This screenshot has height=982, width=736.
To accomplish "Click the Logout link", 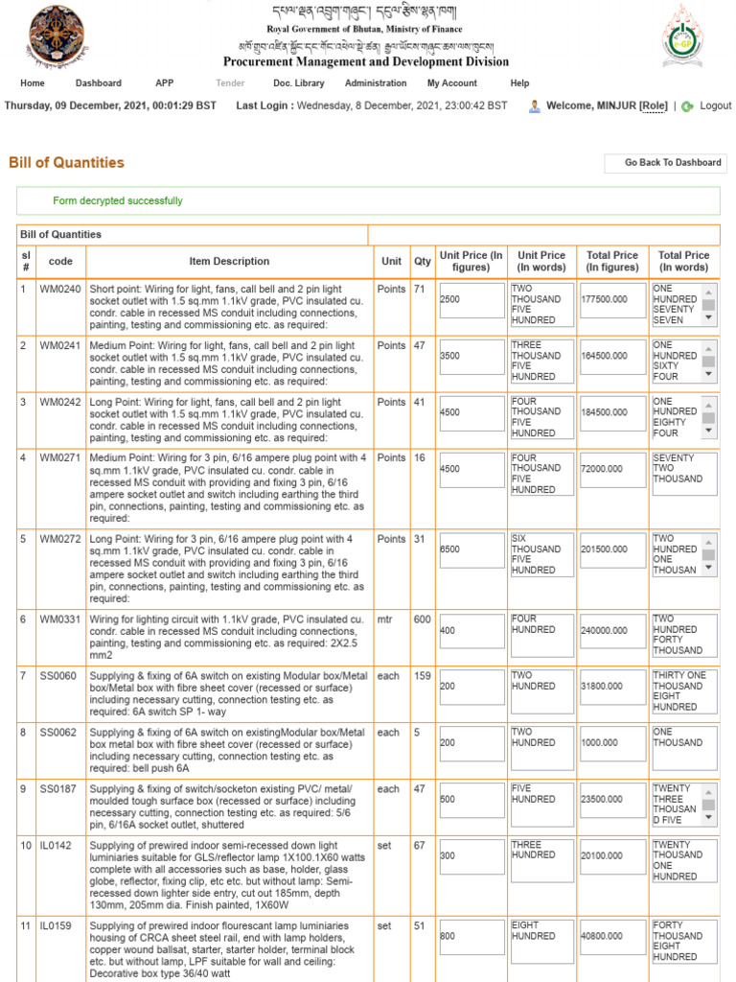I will point(715,106).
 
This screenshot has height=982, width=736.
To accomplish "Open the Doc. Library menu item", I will point(298,83).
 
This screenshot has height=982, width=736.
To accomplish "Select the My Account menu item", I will point(452,83).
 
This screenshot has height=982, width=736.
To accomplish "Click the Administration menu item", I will point(376,83).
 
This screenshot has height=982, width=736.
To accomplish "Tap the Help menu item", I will point(519,83).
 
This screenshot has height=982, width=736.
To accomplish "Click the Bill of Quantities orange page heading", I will point(66,163).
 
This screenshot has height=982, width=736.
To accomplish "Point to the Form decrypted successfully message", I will point(117,201).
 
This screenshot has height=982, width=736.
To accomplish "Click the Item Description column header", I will point(229,261).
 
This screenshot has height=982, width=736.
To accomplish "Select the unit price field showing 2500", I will point(471,299).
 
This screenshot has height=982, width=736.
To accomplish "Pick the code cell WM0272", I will point(60,539).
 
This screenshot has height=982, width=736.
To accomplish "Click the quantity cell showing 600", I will point(422,620).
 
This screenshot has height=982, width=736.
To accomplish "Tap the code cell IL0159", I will point(56,926).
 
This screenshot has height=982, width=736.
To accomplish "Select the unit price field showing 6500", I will point(471,549).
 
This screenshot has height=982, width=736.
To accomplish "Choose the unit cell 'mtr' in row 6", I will point(388,620).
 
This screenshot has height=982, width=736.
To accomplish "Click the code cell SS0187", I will point(58,789).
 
